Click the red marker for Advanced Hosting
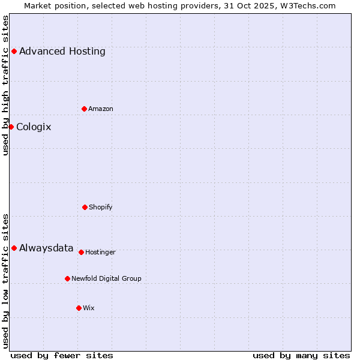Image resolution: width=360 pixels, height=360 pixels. pyautogui.click(x=14, y=51)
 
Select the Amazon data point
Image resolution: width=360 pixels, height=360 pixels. pyautogui.click(x=84, y=109)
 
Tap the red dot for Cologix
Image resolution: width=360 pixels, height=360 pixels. pyautogui.click(x=11, y=127)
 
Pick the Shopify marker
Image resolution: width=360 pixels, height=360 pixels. pyautogui.click(x=85, y=207)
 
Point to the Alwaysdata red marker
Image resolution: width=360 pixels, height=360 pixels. pyautogui.click(x=14, y=248)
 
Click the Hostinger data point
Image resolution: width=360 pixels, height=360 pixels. pyautogui.click(x=81, y=252)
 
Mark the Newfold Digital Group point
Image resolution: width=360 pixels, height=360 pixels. pyautogui.click(x=67, y=278)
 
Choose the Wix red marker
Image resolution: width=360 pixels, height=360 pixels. pyautogui.click(x=79, y=308)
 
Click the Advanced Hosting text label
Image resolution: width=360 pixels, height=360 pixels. pyautogui.click(x=62, y=51)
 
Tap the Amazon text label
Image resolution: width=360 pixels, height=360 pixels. pyautogui.click(x=101, y=109)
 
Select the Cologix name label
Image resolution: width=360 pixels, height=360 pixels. pyautogui.click(x=34, y=127)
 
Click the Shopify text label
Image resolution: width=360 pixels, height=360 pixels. pyautogui.click(x=101, y=207)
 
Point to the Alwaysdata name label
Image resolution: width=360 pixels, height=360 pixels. pyautogui.click(x=46, y=248)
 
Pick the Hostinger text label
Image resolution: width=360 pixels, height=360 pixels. pyautogui.click(x=100, y=252)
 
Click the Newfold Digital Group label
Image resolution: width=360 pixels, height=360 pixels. pyautogui.click(x=106, y=278)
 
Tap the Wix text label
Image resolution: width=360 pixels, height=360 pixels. pyautogui.click(x=89, y=308)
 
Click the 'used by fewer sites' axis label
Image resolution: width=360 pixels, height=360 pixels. pyautogui.click(x=62, y=355)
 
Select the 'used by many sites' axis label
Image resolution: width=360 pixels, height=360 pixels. pyautogui.click(x=301, y=355)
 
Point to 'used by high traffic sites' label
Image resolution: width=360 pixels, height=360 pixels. pyautogui.click(x=5, y=85)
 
